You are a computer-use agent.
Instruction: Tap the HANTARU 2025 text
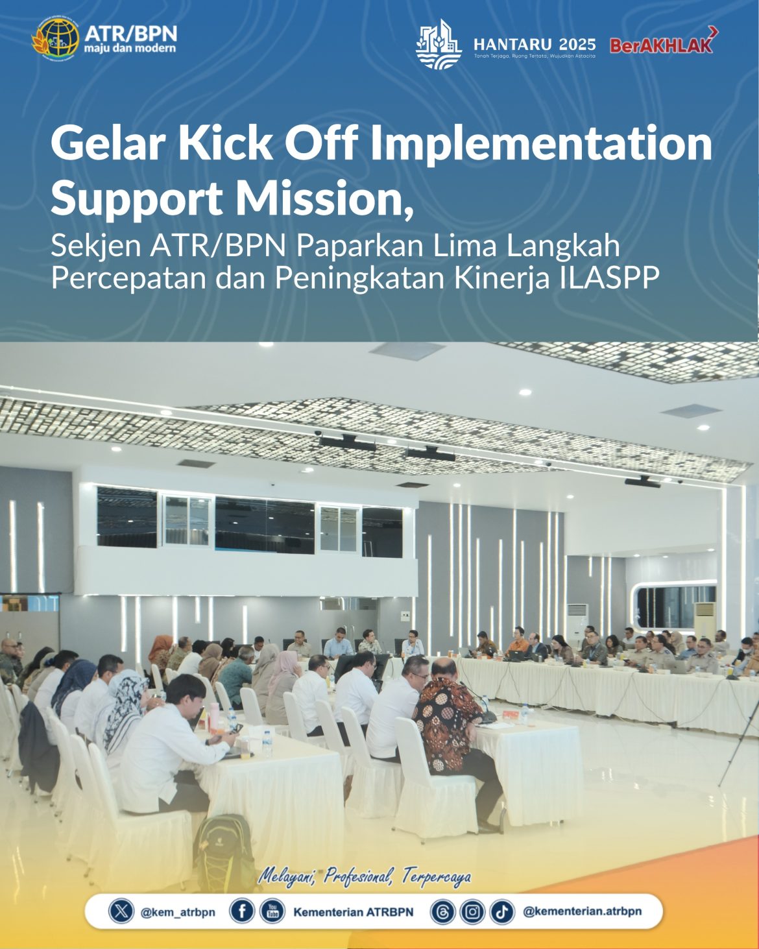535,44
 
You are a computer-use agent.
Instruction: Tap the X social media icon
121,911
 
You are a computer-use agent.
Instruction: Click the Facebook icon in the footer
241,911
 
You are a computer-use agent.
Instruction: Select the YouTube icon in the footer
272,911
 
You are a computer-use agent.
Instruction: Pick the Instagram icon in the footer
472,912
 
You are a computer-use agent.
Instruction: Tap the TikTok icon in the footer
501,912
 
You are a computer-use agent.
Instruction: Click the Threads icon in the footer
443,912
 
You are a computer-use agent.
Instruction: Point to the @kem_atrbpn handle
178,912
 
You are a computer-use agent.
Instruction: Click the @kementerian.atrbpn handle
582,911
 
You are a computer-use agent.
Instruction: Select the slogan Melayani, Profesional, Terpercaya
365,877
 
